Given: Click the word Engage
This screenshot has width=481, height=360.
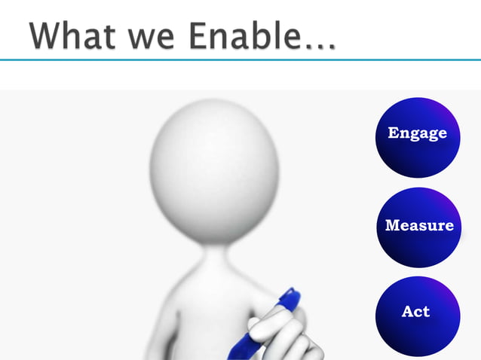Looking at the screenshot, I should pos(417,134).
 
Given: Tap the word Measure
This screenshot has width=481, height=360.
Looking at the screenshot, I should pos(419,225).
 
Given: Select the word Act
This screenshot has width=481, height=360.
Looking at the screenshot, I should pos(415,311).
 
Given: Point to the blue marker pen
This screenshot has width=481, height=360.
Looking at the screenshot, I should pos(256,331).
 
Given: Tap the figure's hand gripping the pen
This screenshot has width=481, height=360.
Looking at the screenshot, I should pos(283,335).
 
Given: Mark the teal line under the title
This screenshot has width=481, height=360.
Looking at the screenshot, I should pos(240,59).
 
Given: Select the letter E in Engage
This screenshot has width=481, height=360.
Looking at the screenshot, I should pos(394,133).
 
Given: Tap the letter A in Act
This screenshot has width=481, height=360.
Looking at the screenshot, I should pos(407,311).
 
